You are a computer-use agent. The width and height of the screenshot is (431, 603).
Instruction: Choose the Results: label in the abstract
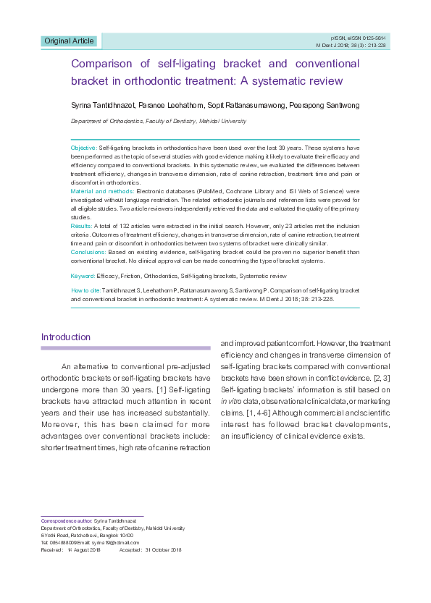click(x=81, y=227)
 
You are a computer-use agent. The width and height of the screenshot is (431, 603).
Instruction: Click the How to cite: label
click(x=85, y=290)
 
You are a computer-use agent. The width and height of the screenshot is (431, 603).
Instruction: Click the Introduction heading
click(x=66, y=337)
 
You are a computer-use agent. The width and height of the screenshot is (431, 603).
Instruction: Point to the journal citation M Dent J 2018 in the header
click(x=353, y=45)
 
